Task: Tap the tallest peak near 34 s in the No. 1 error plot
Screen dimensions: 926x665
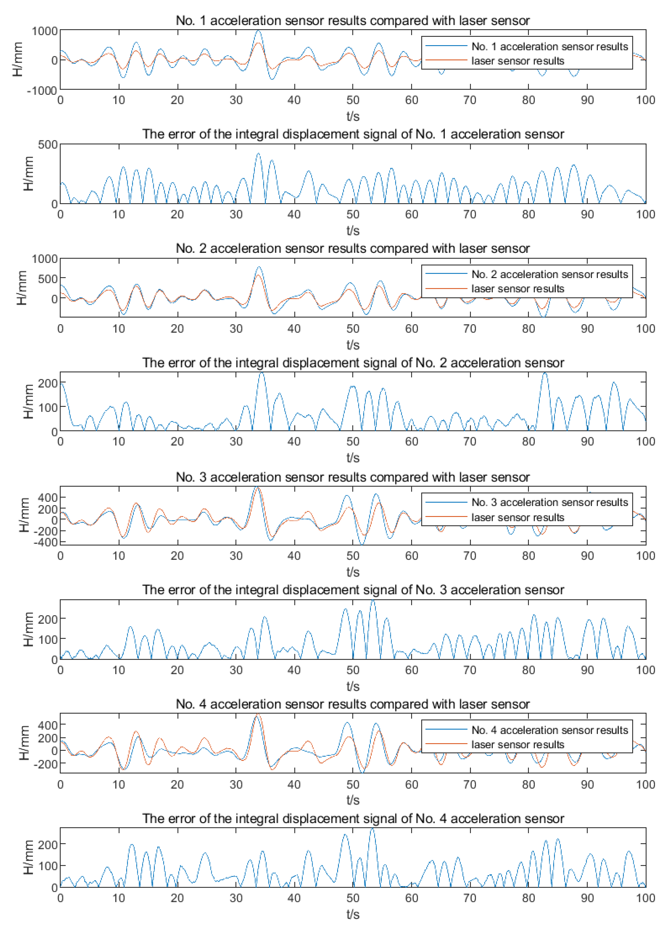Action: pyautogui.click(x=258, y=154)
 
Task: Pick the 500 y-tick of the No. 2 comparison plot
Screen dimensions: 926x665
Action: pyautogui.click(x=47, y=279)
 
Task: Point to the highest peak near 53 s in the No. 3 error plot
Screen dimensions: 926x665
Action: pyautogui.click(x=372, y=601)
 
